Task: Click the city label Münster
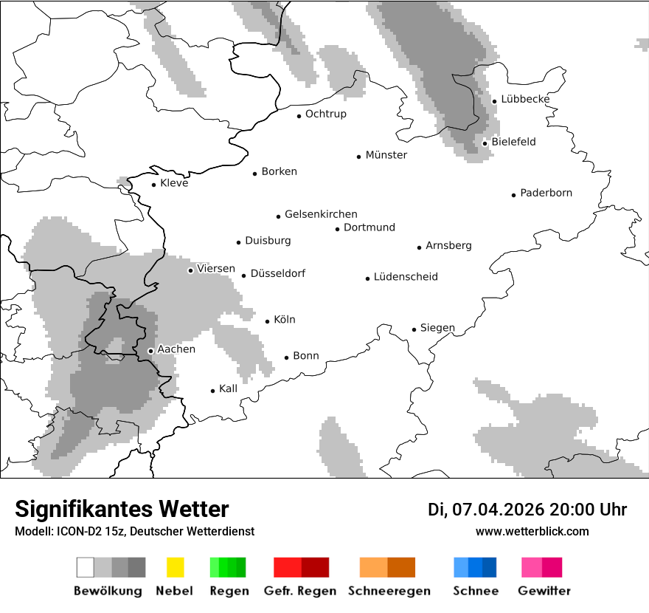pyautogui.click(x=386, y=155)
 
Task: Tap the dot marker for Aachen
pyautogui.click(x=150, y=351)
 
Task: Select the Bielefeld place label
pyautogui.click(x=513, y=142)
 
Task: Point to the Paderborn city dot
pyautogui.click(x=514, y=195)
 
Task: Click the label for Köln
pyautogui.click(x=284, y=320)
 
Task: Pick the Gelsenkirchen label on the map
pyautogui.click(x=321, y=214)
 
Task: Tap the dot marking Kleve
pyautogui.click(x=154, y=185)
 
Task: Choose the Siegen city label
pyautogui.click(x=437, y=328)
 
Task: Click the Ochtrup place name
pyautogui.click(x=325, y=114)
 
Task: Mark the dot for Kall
pyautogui.click(x=213, y=391)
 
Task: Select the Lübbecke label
pyautogui.click(x=525, y=99)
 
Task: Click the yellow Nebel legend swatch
pyautogui.click(x=175, y=567)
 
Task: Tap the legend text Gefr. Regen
pyautogui.click(x=300, y=591)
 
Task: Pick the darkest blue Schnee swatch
pyautogui.click(x=490, y=567)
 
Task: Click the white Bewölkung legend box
pyautogui.click(x=86, y=567)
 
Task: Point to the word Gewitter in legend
pyautogui.click(x=544, y=591)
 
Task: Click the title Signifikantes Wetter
pyautogui.click(x=122, y=509)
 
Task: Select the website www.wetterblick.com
pyautogui.click(x=532, y=531)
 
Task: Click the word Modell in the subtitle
pyautogui.click(x=32, y=532)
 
